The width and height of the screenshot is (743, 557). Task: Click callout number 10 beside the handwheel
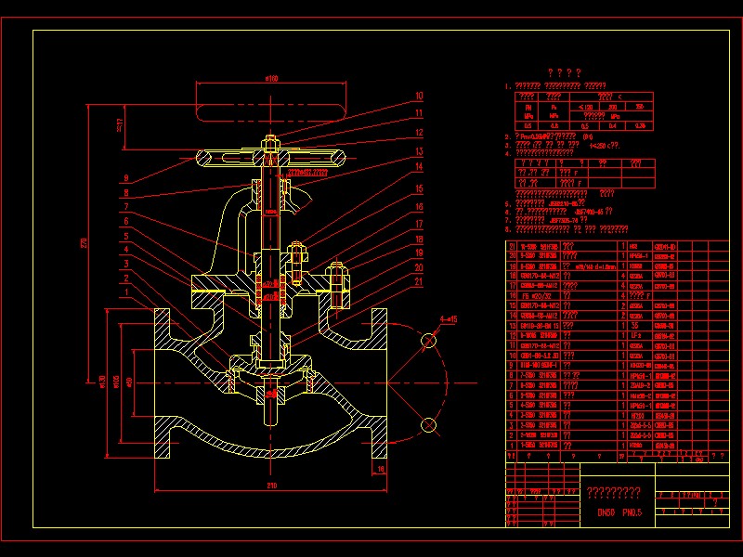coord(419,96)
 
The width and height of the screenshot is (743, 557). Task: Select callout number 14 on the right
coord(419,167)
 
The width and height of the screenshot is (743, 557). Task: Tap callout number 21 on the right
coord(419,282)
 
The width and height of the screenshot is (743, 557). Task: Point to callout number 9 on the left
coord(125,179)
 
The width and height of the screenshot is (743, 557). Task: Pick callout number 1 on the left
coord(125,294)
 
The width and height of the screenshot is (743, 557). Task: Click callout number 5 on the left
coord(125,237)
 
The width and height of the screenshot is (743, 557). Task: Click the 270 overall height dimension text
coord(83,243)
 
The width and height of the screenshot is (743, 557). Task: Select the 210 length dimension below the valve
coord(272,486)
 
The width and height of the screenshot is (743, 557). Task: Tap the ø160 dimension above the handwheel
coord(272,78)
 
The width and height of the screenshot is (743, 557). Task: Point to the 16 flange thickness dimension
coord(381,470)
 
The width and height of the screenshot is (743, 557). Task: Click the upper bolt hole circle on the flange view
coord(429,342)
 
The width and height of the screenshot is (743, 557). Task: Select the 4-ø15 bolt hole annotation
coord(449,320)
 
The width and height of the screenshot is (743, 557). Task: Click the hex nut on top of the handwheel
coord(270,143)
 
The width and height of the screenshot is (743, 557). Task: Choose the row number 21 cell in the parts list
coord(512,246)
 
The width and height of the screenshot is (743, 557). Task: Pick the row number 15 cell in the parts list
coord(512,305)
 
